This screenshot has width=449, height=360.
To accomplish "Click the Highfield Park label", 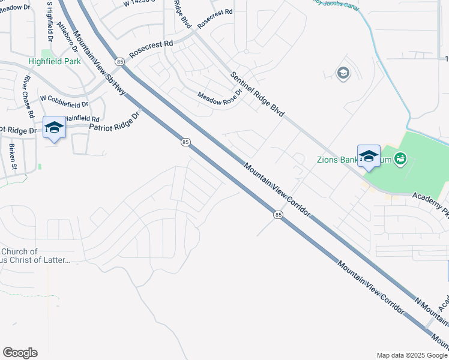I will click(54, 62).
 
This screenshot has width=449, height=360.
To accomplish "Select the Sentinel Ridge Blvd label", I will click(258, 94).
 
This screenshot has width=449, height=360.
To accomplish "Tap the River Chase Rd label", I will click(28, 97).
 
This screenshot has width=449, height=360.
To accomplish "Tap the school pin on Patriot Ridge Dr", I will click(54, 128).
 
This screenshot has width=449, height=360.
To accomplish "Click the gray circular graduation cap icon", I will click(343, 74).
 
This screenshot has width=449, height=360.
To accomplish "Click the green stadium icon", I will click(400, 159).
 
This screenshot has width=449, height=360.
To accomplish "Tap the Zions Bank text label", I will click(336, 160).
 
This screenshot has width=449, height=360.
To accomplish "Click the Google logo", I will click(20, 353).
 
